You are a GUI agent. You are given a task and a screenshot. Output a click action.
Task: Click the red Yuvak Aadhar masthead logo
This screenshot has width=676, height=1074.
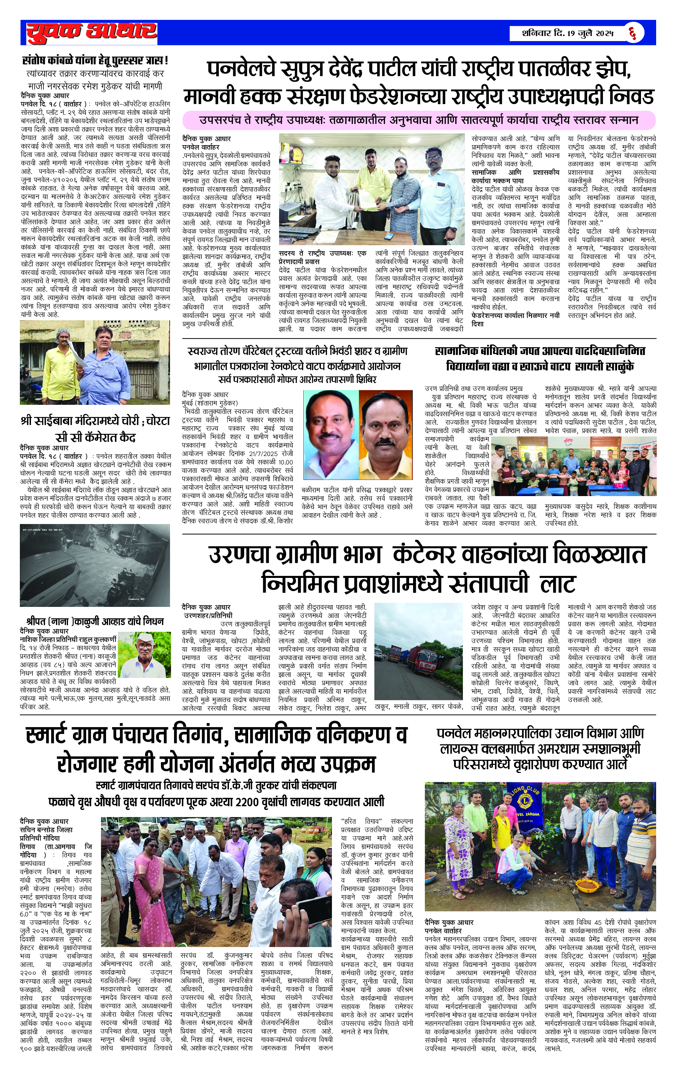(x=92, y=33)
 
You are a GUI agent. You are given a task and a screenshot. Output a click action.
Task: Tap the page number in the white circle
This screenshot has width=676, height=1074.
(x=632, y=33)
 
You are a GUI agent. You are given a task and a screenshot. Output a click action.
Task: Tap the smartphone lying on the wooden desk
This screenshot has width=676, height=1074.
(x=389, y=235)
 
